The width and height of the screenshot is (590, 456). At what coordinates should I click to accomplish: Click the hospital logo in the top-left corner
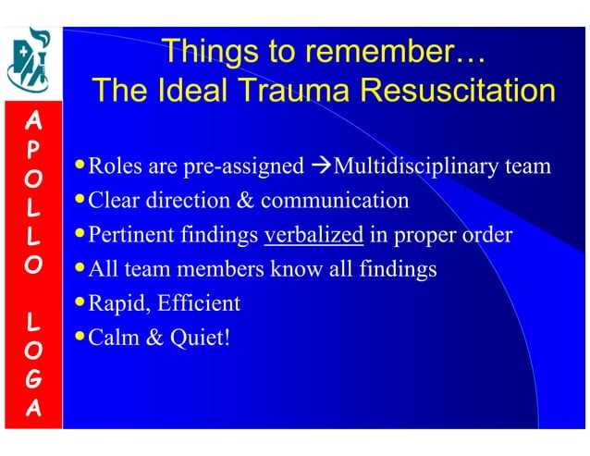point(31,59)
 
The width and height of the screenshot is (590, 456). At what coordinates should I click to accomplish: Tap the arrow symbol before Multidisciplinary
point(320,167)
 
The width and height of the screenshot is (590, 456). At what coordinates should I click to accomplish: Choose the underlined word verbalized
point(313,235)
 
